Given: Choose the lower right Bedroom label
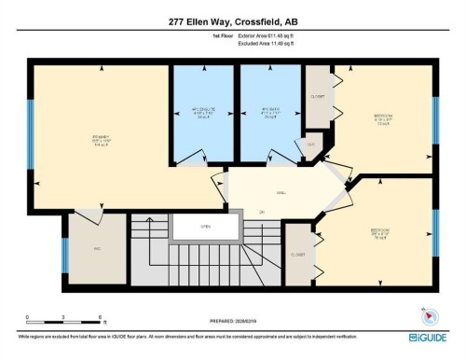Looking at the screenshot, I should (379, 231).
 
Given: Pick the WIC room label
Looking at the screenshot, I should (96, 248).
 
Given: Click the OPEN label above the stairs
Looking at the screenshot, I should (193, 227).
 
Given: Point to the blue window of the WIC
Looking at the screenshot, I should (64, 256).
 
